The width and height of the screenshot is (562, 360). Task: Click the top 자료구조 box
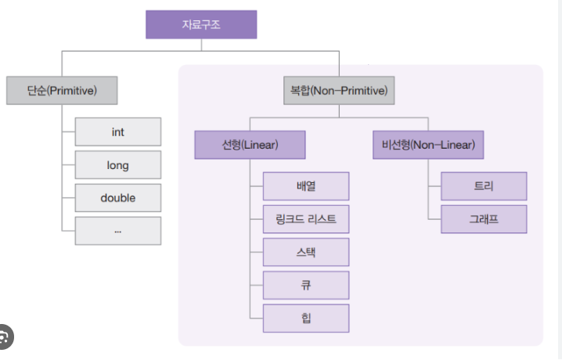coord(201,24)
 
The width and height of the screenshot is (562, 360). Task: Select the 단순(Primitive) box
coord(62,90)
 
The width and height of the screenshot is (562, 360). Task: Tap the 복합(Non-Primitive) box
coord(339,90)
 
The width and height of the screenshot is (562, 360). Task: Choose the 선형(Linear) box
coord(250,145)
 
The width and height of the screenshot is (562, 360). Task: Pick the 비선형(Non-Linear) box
coord(428,145)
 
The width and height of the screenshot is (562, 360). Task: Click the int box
coord(118,131)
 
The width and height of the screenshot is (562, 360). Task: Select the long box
coord(118,165)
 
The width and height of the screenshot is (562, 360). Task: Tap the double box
coord(118,198)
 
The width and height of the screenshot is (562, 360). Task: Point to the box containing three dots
coord(118,231)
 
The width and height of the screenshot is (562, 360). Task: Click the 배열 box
coord(306,186)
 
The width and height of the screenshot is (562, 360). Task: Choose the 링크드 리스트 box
coord(306,219)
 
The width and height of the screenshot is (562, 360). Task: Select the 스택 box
coord(306,252)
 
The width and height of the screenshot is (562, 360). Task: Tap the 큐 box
coord(306,285)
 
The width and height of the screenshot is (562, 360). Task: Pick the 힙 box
coord(306,318)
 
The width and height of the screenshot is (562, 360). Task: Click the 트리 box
coord(484,186)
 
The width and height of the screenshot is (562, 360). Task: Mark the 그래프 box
coord(484,219)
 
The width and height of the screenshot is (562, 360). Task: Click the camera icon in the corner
coord(4,337)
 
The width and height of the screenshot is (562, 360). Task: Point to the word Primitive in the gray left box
coord(72,91)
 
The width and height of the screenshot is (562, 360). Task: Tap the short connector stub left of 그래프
coord(434,219)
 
